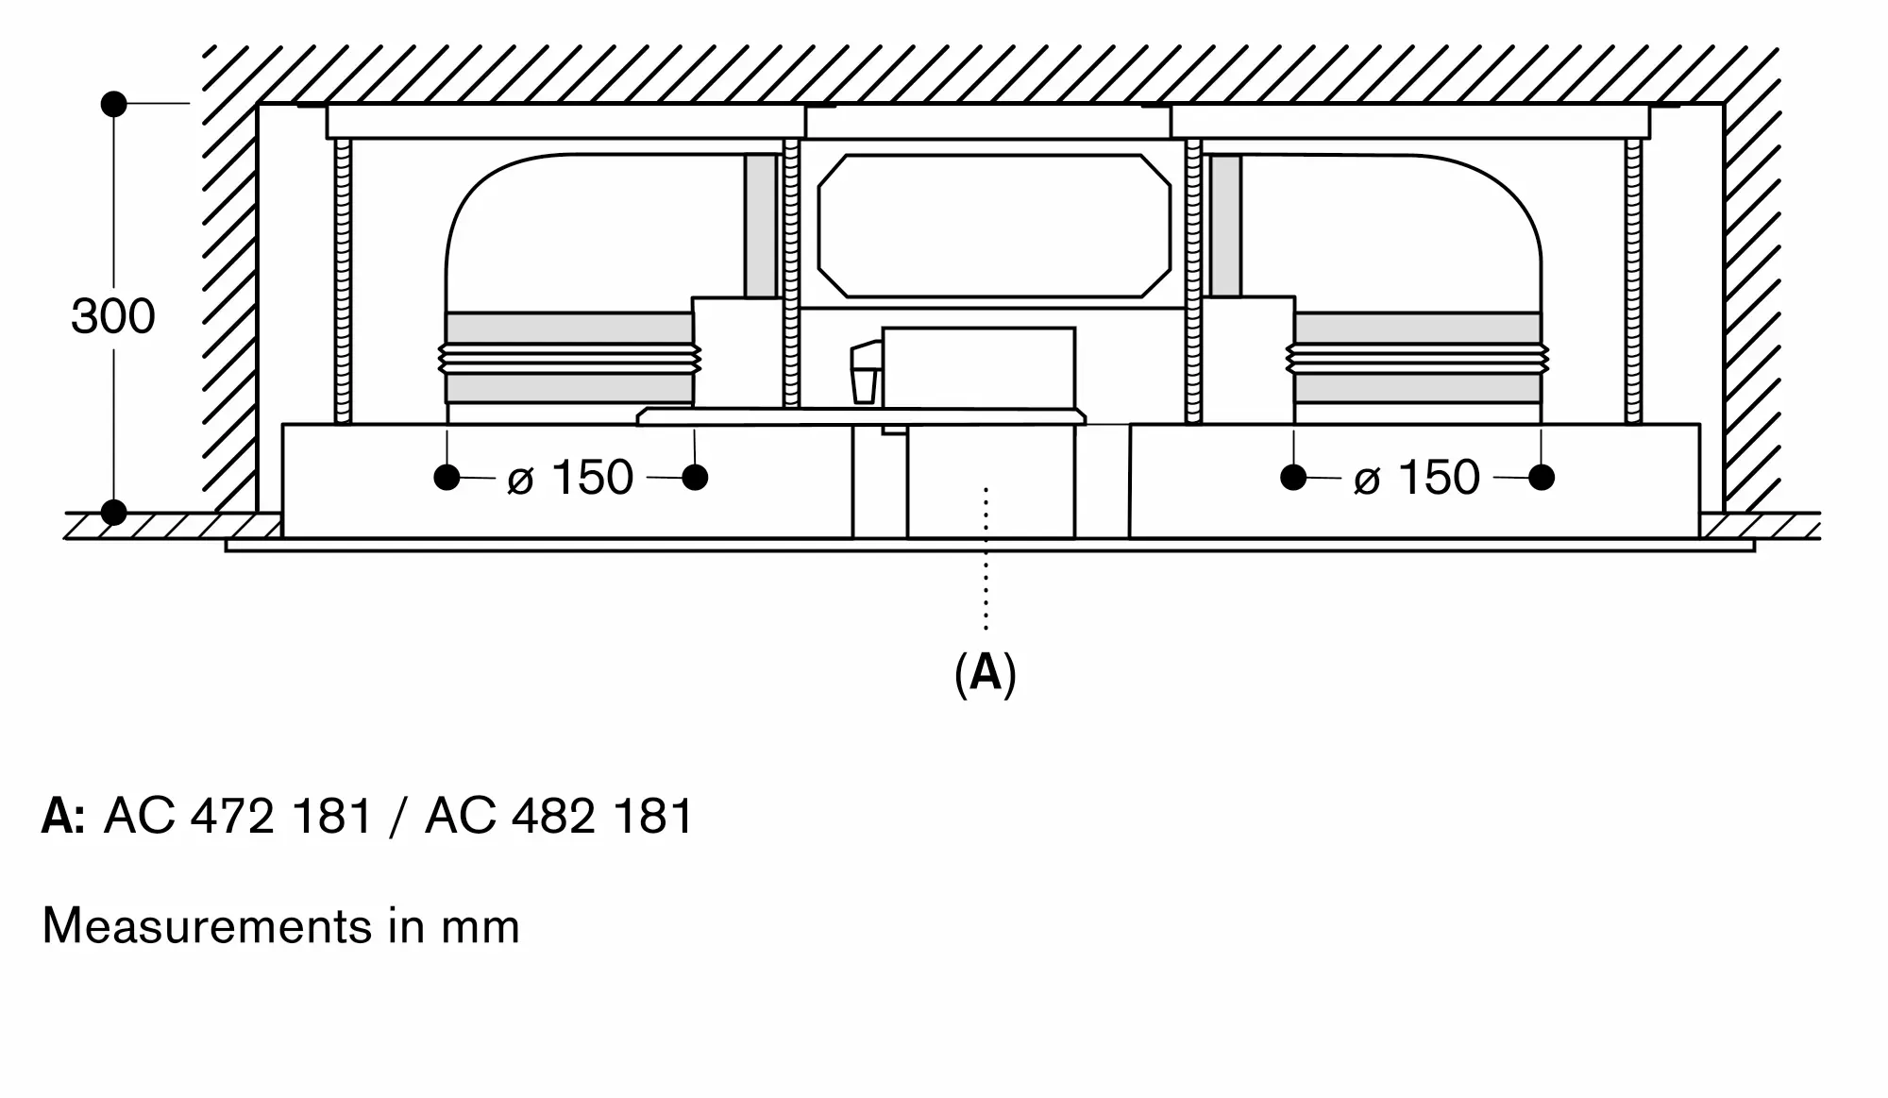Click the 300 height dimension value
(x=112, y=317)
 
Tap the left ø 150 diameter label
(x=570, y=478)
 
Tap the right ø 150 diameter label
(x=1416, y=478)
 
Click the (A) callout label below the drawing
(x=986, y=674)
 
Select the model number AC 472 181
(x=238, y=816)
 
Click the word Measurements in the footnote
(x=208, y=926)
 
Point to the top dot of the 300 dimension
(x=113, y=104)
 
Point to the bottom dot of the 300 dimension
(x=113, y=513)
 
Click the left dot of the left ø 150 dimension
(x=447, y=478)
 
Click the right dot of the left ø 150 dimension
(x=695, y=478)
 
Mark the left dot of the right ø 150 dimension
(x=1293, y=478)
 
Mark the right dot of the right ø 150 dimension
(x=1542, y=478)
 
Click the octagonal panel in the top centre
(x=994, y=227)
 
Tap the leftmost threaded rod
(x=343, y=281)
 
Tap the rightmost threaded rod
(x=1633, y=281)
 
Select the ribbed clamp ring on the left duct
(x=569, y=359)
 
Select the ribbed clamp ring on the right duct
(x=1417, y=359)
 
